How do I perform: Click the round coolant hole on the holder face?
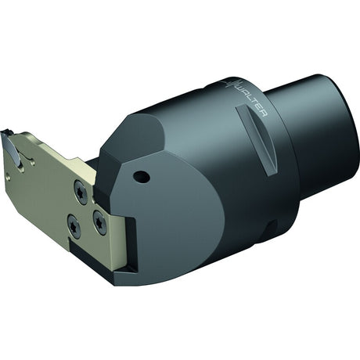(x=142, y=177)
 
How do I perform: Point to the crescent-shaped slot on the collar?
(x=256, y=140)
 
